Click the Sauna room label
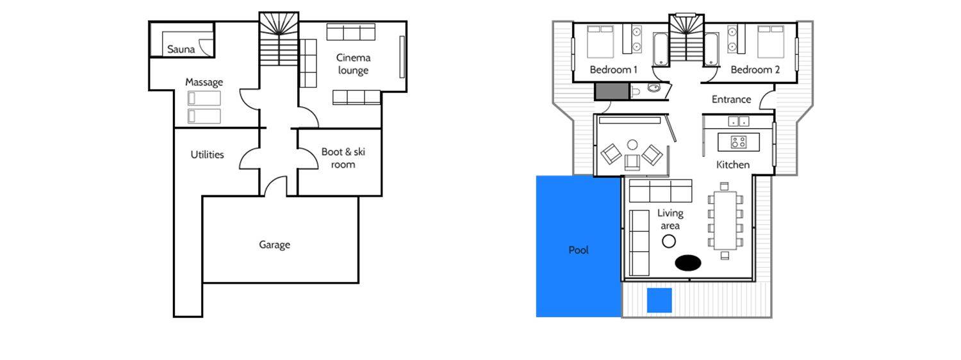click(x=181, y=49)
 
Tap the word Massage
click(x=204, y=82)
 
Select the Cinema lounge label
click(x=353, y=64)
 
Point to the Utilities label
click(x=207, y=154)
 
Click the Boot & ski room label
click(x=343, y=158)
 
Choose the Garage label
click(x=275, y=245)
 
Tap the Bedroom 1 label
click(x=614, y=70)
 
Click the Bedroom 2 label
click(x=755, y=70)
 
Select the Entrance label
click(x=731, y=99)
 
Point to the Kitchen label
click(x=733, y=165)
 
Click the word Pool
click(x=579, y=250)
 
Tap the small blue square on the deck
click(x=659, y=300)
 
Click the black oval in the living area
click(x=688, y=263)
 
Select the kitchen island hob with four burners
click(x=739, y=142)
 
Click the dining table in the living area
click(x=725, y=220)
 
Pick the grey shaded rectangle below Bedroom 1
click(x=612, y=92)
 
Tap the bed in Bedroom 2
click(x=771, y=42)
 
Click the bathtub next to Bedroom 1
click(x=661, y=50)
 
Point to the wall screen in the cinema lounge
click(x=402, y=57)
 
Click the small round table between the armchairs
click(x=632, y=144)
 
